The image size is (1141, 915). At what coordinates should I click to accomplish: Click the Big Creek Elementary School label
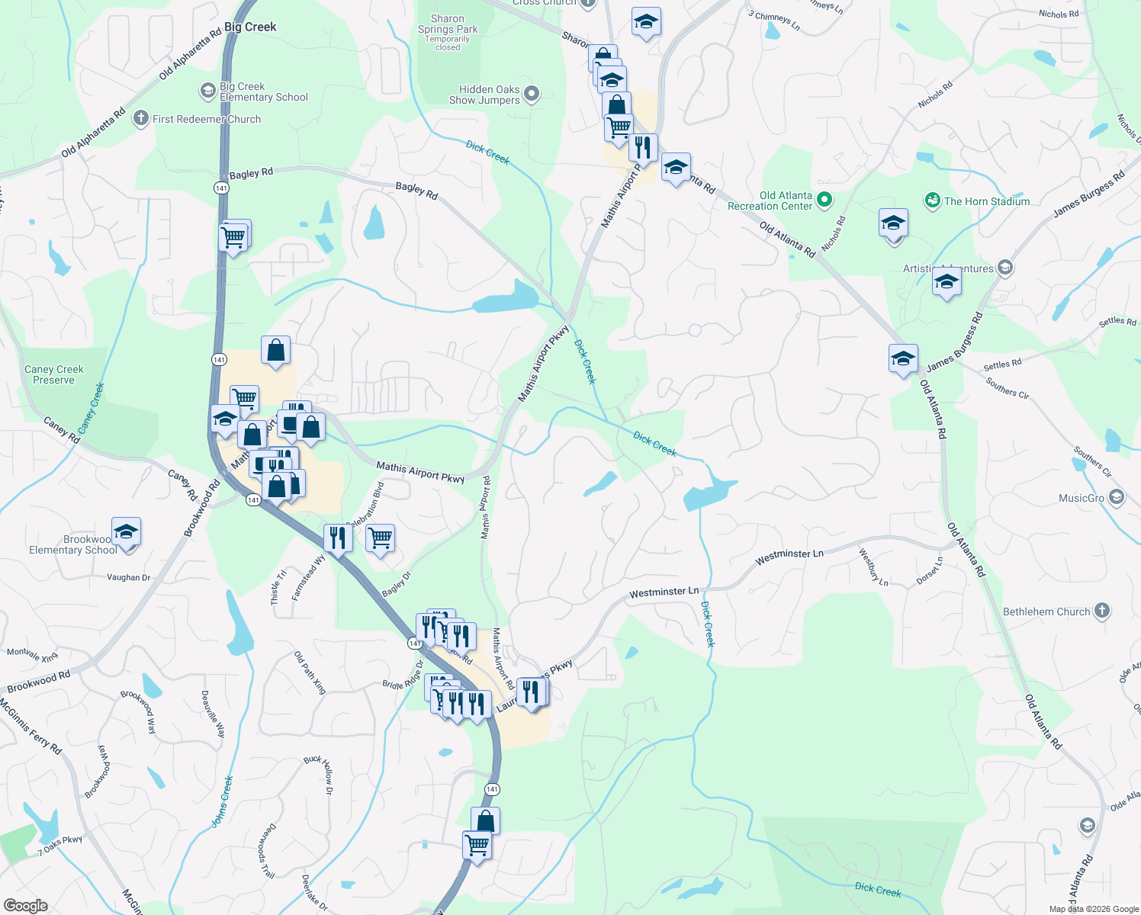pos(263,92)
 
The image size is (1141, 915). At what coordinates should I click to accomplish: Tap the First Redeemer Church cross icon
pos(140,118)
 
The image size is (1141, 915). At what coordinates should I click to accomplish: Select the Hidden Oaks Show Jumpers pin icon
pos(532,95)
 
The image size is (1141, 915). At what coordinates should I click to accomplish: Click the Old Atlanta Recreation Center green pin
pos(824,201)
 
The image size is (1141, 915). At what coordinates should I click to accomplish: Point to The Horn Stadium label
pos(986,201)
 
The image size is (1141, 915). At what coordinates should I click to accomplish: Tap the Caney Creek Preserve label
pos(54,374)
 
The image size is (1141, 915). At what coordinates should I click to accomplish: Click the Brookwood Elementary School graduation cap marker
pos(126,531)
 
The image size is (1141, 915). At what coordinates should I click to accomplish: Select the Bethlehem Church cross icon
pos(1101,611)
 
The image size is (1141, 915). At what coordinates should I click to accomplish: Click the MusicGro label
pos(1082,498)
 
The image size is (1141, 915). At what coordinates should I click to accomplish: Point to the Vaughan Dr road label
pos(128,577)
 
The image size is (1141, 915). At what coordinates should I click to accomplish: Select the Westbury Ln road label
pos(873,567)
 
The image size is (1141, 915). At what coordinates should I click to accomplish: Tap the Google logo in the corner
pos(26,906)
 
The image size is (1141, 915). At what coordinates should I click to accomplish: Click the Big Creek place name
pos(250,27)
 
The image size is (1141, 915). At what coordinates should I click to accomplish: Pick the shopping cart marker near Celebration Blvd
pos(380,538)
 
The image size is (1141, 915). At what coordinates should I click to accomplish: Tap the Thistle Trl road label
pos(278,588)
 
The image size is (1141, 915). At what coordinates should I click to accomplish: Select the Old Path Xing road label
pos(310,673)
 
